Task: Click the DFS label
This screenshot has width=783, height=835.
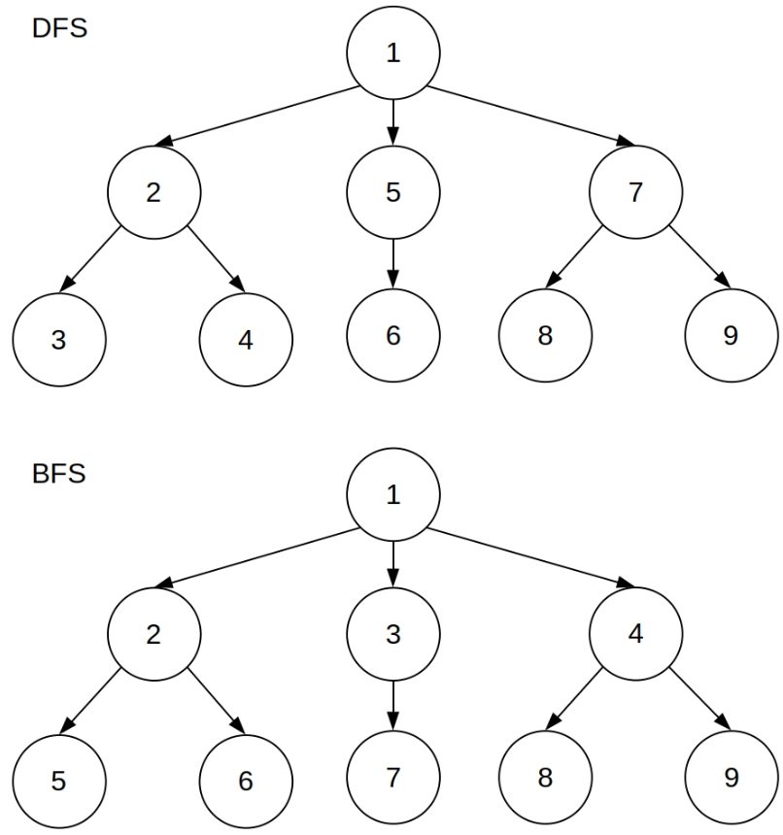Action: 59,28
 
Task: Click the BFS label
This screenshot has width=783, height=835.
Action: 59,474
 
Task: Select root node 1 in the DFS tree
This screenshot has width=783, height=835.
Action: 392,53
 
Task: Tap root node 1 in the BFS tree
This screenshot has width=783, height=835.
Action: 392,495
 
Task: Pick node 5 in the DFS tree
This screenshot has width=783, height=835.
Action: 392,192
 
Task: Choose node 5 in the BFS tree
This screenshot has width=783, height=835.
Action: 59,780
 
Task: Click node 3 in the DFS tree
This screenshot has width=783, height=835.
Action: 59,339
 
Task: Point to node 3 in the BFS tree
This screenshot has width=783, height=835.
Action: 392,636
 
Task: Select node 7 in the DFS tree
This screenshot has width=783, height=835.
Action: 634,192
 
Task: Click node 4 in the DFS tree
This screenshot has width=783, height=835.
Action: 245,339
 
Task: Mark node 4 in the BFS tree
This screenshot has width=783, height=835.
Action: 634,636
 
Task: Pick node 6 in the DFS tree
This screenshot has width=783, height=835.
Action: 392,336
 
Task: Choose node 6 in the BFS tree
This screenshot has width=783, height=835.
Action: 245,780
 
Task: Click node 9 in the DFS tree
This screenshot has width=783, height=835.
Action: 731,336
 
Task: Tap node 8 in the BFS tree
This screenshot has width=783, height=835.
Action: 544,778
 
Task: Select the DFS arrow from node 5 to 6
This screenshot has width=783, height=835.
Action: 392,263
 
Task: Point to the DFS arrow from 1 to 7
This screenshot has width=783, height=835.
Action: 529,116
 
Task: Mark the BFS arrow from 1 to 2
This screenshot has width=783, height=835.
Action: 257,558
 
